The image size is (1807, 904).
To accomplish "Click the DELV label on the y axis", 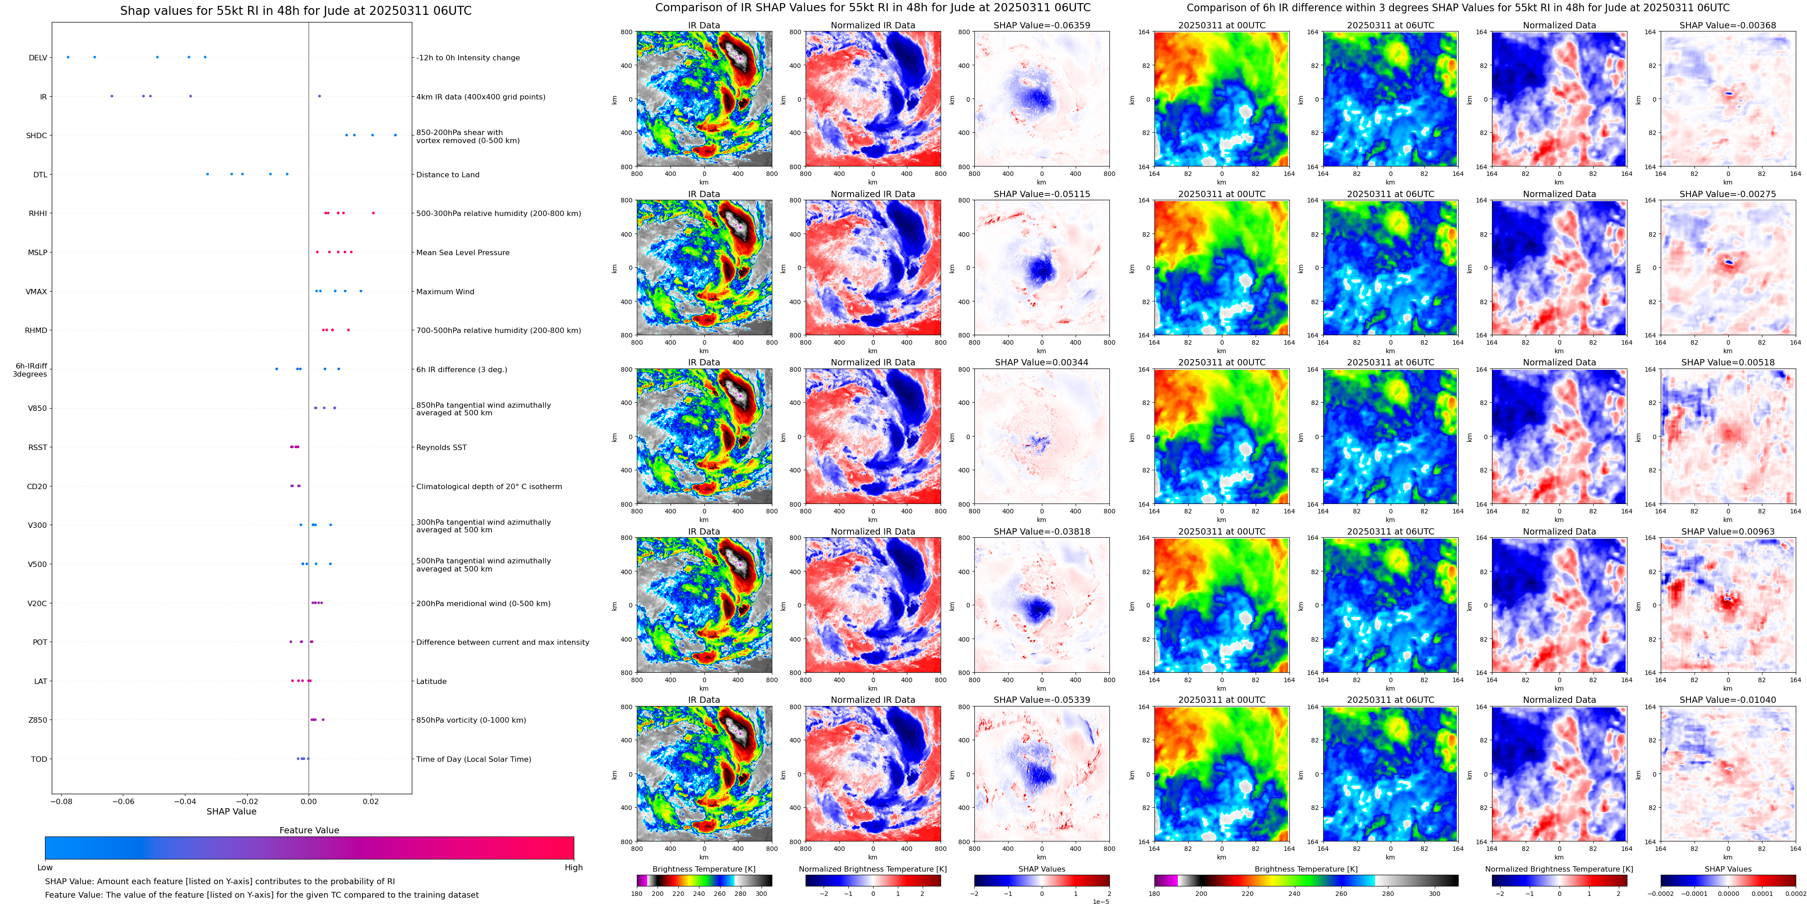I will click(x=38, y=58).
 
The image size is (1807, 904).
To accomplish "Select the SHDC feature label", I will click(x=36, y=135).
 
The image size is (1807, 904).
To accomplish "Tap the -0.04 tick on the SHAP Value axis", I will click(x=185, y=801).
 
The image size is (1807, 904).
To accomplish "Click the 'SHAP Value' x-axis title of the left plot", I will click(x=231, y=811).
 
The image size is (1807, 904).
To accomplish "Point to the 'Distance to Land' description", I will click(x=447, y=175).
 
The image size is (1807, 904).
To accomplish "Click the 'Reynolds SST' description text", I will click(x=441, y=447).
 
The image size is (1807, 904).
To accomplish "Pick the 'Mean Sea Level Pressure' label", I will click(x=463, y=252).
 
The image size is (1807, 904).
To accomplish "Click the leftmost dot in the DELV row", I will click(x=68, y=57).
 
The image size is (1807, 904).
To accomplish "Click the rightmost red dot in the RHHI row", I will click(x=373, y=212).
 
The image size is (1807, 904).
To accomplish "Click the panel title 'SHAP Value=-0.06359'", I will click(x=1042, y=25).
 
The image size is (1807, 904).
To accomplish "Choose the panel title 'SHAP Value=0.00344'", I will click(x=1042, y=363).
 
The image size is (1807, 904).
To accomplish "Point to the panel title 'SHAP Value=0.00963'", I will click(x=1728, y=531).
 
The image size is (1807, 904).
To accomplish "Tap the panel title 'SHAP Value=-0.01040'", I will click(x=1728, y=700).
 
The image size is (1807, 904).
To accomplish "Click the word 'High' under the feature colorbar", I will click(x=574, y=868).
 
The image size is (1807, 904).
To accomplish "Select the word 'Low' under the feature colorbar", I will click(x=45, y=868).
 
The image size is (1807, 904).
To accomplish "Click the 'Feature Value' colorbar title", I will click(x=309, y=830).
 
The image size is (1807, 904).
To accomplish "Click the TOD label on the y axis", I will click(x=39, y=759).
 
